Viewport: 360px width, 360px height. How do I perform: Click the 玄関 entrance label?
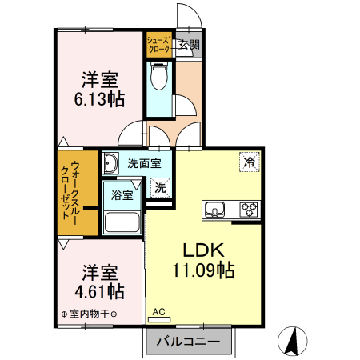[x=190, y=45]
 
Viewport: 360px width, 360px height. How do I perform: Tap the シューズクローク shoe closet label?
[x=158, y=45]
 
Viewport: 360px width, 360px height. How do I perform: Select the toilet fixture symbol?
[x=158, y=78]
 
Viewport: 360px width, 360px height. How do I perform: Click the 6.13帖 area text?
[x=100, y=99]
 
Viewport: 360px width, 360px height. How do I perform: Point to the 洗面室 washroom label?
[x=144, y=162]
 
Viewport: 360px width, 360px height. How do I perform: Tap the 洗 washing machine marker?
[x=160, y=188]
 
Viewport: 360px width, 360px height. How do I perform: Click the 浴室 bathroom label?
[x=122, y=194]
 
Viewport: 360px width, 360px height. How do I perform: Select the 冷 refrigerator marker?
[x=249, y=161]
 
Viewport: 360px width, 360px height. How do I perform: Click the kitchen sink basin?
[x=215, y=210]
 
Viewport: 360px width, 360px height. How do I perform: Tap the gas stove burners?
[x=249, y=210]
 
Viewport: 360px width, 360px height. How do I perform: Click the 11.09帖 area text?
[x=202, y=270]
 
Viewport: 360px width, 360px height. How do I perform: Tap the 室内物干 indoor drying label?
[x=89, y=313]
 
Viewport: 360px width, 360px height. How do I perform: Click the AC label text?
[x=158, y=311]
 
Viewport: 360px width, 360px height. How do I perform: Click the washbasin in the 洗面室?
[x=111, y=164]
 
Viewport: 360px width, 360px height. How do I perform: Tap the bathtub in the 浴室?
[x=122, y=222]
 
